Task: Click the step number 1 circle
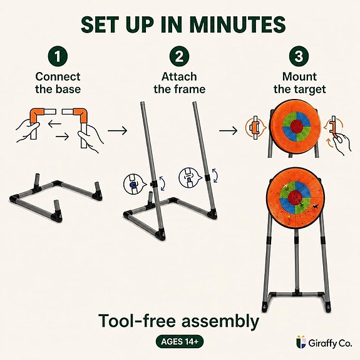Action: (x=58, y=56)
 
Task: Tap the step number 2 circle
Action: (x=179, y=56)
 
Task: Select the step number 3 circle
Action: (x=299, y=56)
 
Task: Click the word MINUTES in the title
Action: (x=238, y=24)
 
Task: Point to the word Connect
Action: (x=58, y=76)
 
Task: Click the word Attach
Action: (x=179, y=76)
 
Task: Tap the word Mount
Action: (x=299, y=76)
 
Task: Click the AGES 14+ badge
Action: (x=180, y=342)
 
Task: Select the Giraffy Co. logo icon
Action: (x=301, y=342)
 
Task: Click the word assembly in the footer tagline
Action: (x=220, y=322)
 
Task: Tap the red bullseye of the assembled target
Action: (x=295, y=198)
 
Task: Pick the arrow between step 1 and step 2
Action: (x=117, y=131)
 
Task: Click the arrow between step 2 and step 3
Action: (x=229, y=131)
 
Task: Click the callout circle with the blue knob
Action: (x=133, y=183)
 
